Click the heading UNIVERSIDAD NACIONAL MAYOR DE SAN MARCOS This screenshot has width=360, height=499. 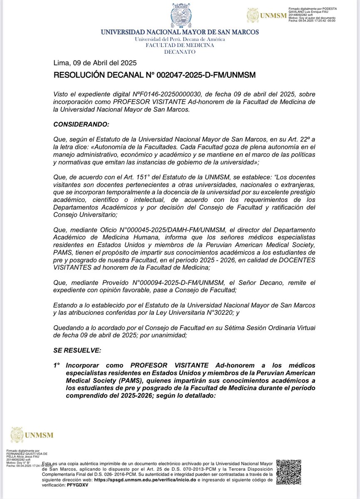[x=180, y=32]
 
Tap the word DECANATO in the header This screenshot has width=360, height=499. [x=180, y=52]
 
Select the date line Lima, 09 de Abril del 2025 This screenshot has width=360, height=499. [x=95, y=64]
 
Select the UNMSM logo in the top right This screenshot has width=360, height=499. [x=267, y=16]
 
